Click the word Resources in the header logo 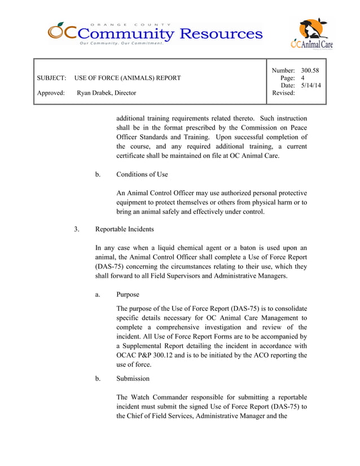click(221, 34)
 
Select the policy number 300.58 click(310, 71)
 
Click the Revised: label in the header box click(283, 93)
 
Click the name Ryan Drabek click(95, 93)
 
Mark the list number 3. click(76, 230)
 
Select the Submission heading click(133, 379)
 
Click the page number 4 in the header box click(303, 78)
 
